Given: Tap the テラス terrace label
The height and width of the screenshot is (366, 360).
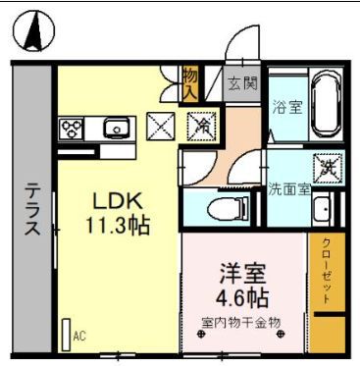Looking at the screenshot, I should click(31, 212).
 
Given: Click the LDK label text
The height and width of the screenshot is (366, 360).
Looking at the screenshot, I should click(113, 202).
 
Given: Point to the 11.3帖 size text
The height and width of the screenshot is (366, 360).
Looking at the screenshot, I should click(117, 226).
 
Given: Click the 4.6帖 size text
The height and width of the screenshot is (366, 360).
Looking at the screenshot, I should click(242, 294).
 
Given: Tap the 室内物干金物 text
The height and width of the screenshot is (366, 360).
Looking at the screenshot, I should click(241, 321).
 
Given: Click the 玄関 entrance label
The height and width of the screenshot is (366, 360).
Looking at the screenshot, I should click(243, 82).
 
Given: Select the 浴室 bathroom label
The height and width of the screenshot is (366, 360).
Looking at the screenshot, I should click(287, 104).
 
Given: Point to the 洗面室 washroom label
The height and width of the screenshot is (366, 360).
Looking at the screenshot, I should click(288, 190).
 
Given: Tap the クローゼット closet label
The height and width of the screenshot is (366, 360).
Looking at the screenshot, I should click(326, 274).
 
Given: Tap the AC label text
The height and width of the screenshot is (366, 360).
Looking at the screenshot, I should click(79, 336).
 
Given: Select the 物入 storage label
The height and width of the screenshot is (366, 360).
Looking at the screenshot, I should click(191, 83).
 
